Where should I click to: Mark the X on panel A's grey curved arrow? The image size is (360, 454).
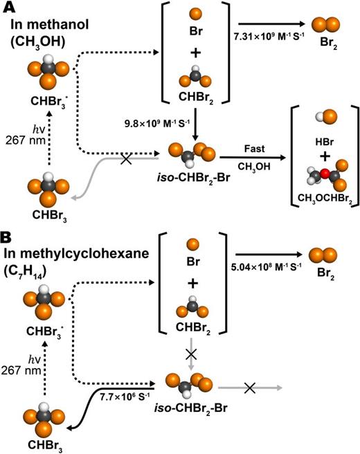126,159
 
